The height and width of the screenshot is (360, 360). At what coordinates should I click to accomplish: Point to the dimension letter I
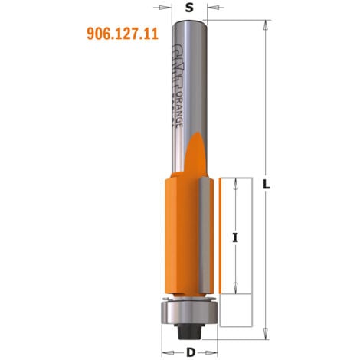click(235, 237)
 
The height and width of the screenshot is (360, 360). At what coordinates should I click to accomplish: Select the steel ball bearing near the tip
click(188, 312)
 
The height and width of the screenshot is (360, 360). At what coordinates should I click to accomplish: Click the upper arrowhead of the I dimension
click(235, 182)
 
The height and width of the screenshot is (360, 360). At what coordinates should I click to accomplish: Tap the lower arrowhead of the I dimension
click(235, 291)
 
